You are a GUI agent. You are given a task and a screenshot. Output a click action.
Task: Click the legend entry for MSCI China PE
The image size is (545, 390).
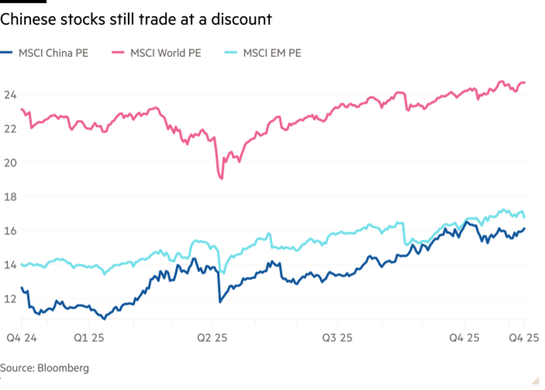point(53,53)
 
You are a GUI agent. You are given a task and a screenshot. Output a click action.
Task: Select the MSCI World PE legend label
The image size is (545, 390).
point(166,53)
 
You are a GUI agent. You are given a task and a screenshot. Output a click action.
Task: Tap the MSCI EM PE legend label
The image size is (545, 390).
point(272,53)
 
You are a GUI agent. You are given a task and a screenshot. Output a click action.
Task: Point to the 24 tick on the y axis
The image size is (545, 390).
point(9,95)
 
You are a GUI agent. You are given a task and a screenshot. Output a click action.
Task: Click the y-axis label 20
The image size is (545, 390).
point(9,163)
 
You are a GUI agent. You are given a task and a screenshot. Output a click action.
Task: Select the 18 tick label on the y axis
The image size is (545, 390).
point(9,197)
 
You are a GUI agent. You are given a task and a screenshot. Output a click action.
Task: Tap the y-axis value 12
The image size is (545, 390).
point(9,299)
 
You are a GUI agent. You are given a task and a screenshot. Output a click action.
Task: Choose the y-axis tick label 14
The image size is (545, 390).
point(9,265)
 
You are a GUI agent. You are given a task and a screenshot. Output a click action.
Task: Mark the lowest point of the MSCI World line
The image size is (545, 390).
point(222,179)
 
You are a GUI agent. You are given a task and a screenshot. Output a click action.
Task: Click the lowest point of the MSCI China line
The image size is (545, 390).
point(104,319)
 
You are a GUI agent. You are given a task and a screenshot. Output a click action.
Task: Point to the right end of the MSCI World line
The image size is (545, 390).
point(525,82)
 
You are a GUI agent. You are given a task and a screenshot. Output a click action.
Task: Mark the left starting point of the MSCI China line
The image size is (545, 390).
point(21,287)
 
